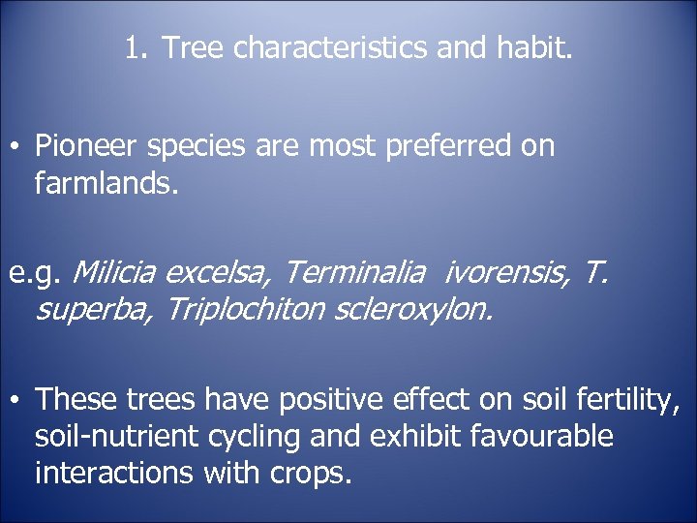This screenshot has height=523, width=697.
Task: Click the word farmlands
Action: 106,182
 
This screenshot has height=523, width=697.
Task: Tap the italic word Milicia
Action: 115,273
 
